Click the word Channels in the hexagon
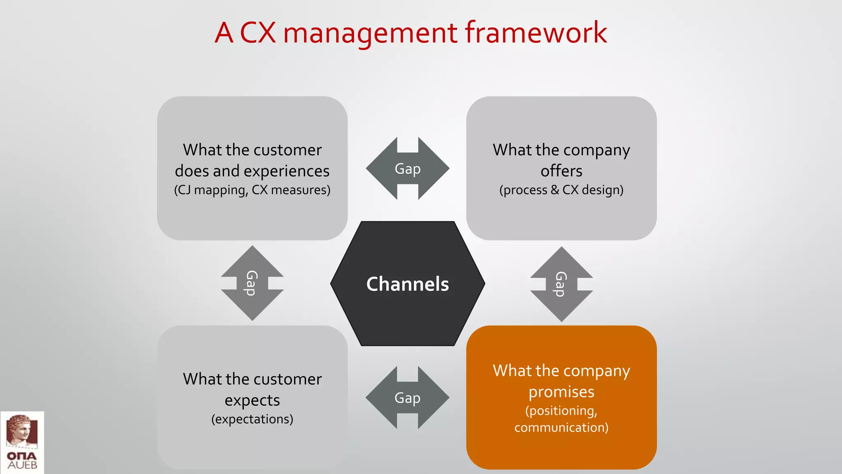point(407,284)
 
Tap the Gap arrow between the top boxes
point(407,169)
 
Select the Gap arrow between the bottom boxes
point(407,398)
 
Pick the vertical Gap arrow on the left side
point(252,283)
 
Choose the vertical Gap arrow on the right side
point(561,284)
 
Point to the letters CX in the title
point(258,33)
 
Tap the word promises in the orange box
point(561,392)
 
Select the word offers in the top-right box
point(561,171)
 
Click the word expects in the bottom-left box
point(252,400)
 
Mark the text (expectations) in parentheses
point(252,419)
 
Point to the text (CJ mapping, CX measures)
point(252,190)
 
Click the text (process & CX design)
point(561,190)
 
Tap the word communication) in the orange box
point(561,428)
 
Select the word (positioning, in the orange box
point(561,411)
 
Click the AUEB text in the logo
point(22,465)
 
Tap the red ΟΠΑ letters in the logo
point(22,456)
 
